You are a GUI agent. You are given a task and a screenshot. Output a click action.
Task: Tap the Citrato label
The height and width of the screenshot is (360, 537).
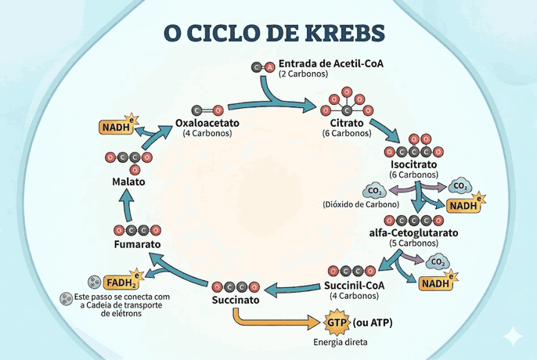[x=345, y=124]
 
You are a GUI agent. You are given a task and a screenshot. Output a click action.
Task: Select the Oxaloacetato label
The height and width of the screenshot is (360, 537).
[x=207, y=124]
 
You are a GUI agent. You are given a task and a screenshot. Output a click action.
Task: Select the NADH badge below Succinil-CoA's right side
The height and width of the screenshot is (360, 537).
[x=437, y=283]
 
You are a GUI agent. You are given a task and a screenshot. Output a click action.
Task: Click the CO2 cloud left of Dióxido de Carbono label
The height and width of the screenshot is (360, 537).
[x=372, y=190]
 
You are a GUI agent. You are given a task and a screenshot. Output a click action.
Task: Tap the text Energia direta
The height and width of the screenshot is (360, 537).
[x=339, y=342]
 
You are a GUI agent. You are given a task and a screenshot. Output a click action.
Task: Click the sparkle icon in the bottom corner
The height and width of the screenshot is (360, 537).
[x=513, y=335]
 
